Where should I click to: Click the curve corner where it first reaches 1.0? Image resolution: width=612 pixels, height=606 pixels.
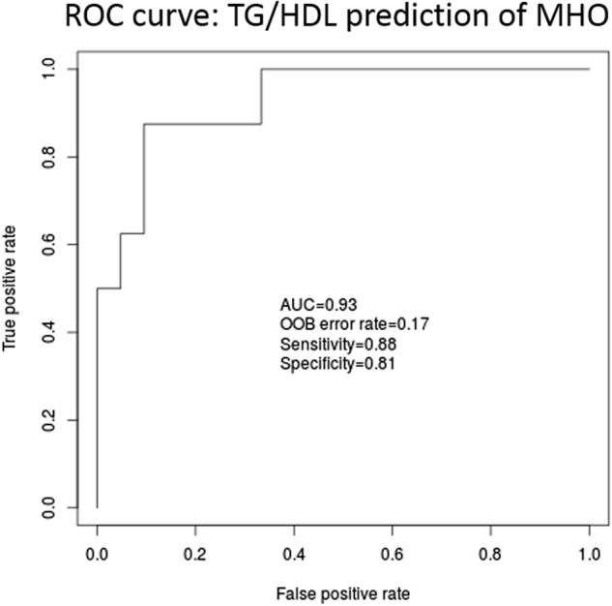click(261, 69)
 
